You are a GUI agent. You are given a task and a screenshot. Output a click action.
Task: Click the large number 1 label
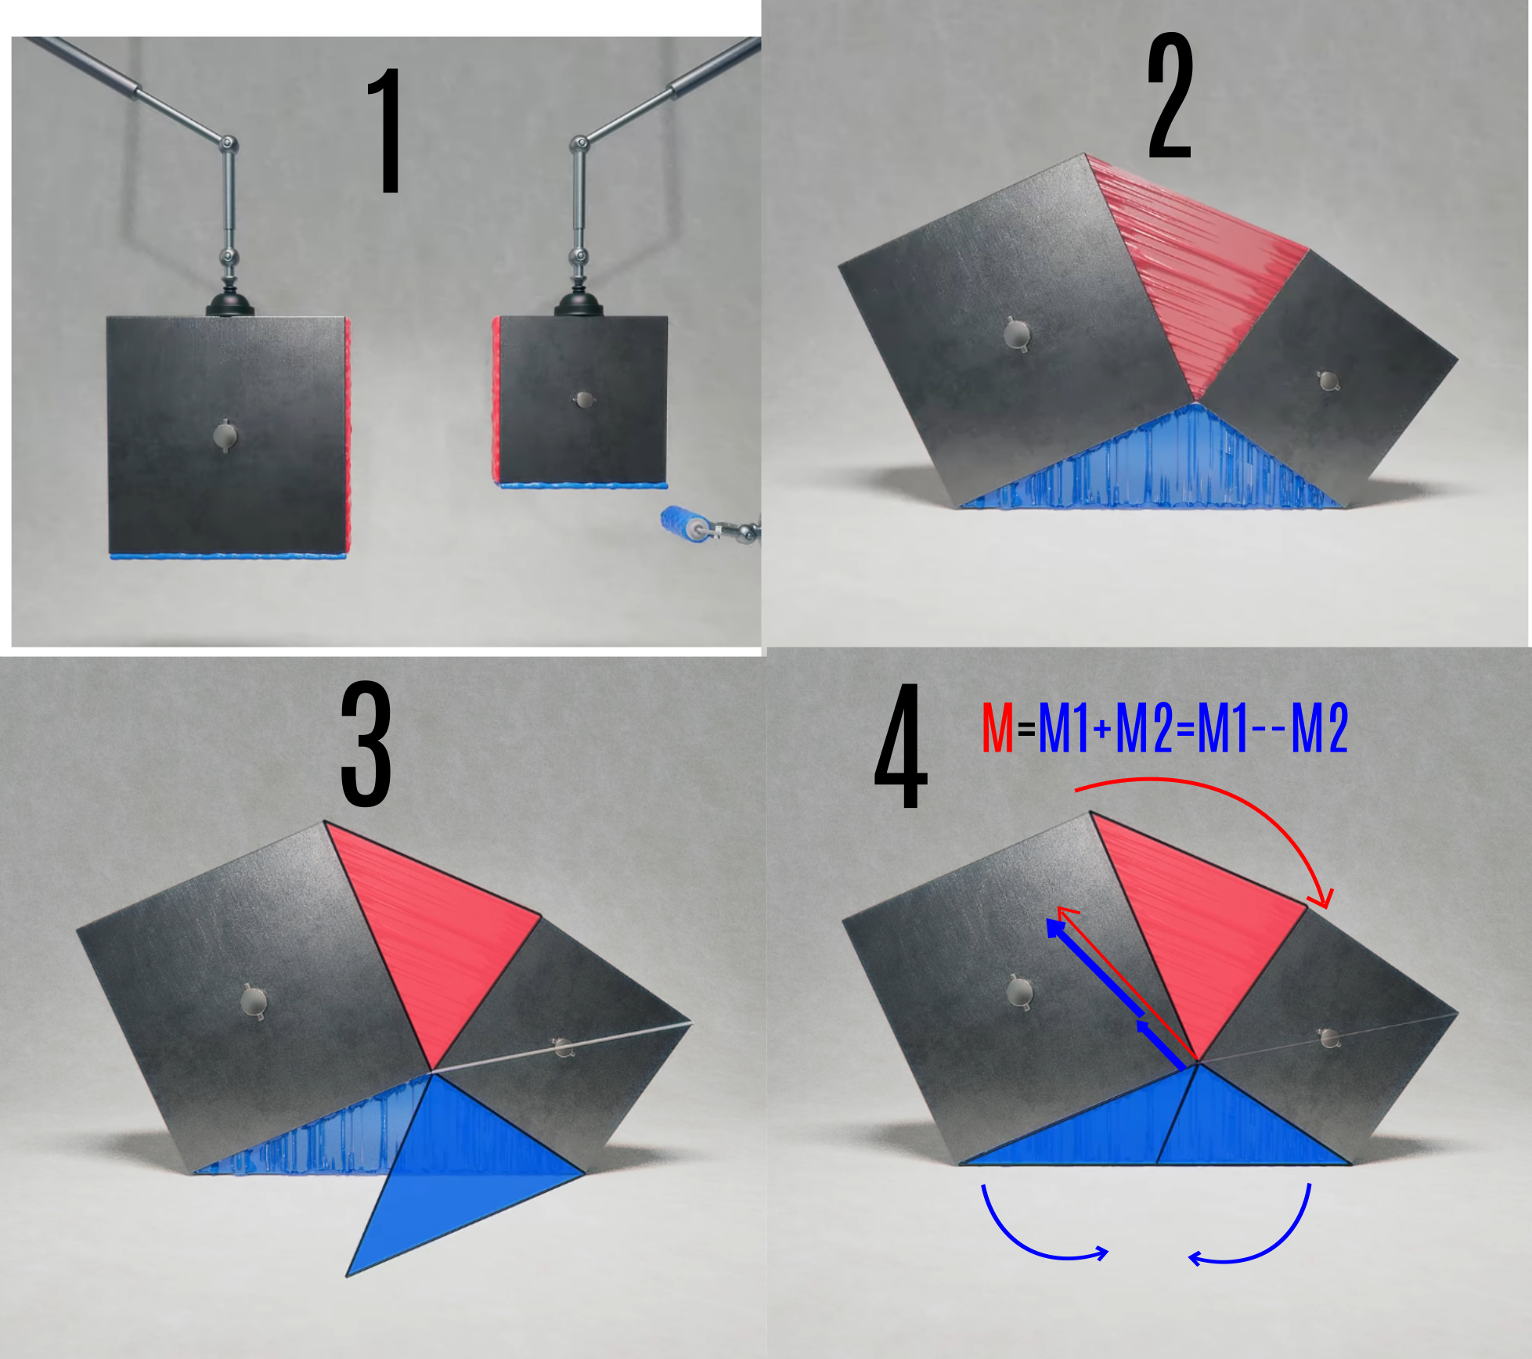[386, 130]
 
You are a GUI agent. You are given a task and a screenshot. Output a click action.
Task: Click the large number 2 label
[1170, 96]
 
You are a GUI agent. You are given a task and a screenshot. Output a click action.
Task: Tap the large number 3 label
[366, 744]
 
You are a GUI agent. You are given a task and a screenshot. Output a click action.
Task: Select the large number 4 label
[900, 746]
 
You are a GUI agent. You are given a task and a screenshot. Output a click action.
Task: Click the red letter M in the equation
[997, 728]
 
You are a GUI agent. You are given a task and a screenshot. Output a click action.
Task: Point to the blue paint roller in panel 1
[680, 523]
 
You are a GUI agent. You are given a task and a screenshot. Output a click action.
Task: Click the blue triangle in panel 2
[1159, 470]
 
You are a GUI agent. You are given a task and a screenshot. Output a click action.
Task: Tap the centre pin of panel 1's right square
[584, 400]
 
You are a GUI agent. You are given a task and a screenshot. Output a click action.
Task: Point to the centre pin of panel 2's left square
[1017, 334]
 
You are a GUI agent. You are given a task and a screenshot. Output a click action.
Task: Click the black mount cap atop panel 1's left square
[229, 305]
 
